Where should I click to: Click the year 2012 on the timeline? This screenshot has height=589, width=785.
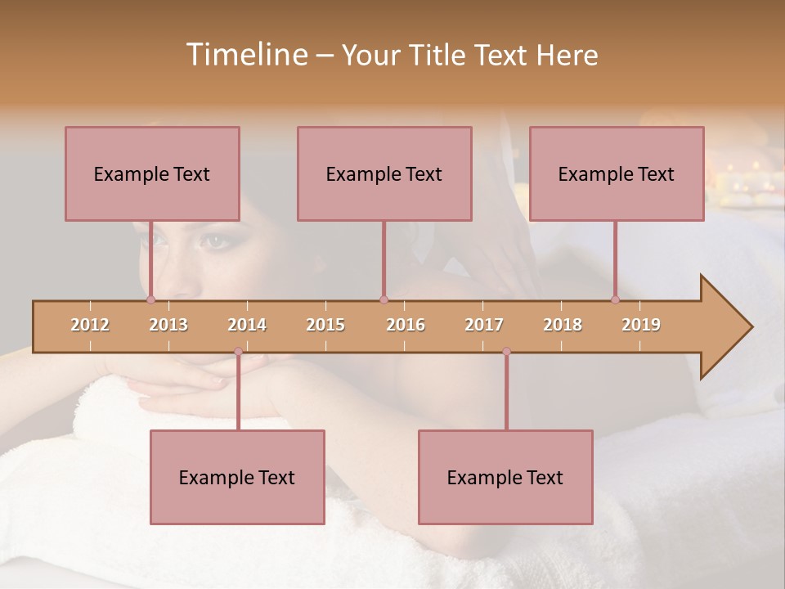pyautogui.click(x=90, y=325)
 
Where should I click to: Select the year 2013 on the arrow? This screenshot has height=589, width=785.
pyautogui.click(x=168, y=325)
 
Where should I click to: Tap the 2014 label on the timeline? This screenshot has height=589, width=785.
pyautogui.click(x=247, y=325)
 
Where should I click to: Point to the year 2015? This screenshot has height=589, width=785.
pyautogui.click(x=325, y=325)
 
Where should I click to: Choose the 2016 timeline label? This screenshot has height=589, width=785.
pyautogui.click(x=406, y=325)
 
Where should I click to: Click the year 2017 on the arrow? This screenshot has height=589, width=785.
pyautogui.click(x=484, y=325)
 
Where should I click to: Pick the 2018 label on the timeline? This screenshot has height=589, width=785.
pyautogui.click(x=563, y=325)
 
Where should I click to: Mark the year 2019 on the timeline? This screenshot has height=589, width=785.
pyautogui.click(x=641, y=325)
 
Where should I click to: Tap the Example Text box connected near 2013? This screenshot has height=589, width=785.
pyautogui.click(x=152, y=173)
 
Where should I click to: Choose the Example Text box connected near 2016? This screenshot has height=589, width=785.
pyautogui.click(x=384, y=173)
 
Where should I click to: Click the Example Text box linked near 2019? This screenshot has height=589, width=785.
pyautogui.click(x=617, y=173)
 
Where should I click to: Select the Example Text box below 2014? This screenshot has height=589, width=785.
pyautogui.click(x=237, y=477)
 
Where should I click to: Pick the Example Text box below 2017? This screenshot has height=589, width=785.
pyautogui.click(x=505, y=477)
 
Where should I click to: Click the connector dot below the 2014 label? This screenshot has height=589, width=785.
pyautogui.click(x=238, y=352)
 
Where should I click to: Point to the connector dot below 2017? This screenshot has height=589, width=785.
pyautogui.click(x=506, y=352)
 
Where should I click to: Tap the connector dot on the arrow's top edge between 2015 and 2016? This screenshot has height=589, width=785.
pyautogui.click(x=384, y=300)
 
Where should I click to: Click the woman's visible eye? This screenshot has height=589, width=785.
pyautogui.click(x=215, y=241)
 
